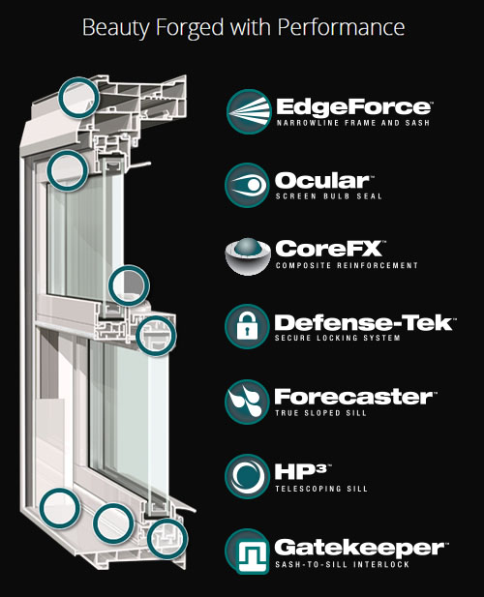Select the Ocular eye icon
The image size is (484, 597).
tap(246, 184)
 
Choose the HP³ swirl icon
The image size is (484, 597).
tap(246, 475)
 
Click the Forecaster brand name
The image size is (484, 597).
tap(351, 396)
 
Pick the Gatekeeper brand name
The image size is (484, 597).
tap(358, 547)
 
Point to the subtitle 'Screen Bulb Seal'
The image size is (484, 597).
tap(329, 196)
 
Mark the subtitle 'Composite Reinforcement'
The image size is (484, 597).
tap(347, 265)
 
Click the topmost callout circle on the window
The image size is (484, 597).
tap(79, 95)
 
